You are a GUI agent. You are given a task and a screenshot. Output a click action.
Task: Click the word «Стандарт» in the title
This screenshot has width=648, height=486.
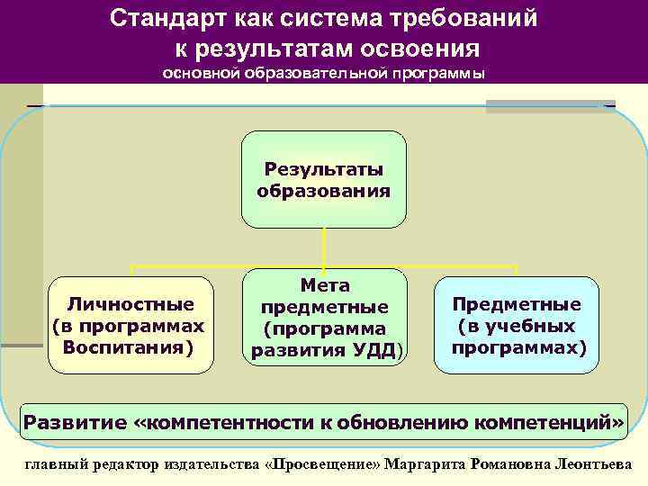(157, 19)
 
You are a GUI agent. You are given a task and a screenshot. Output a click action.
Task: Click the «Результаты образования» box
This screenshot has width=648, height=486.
(323, 179)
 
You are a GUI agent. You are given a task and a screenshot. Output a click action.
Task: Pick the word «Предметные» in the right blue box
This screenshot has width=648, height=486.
(516, 305)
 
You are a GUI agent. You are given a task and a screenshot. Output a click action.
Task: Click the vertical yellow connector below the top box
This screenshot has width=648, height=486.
(323, 247)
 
